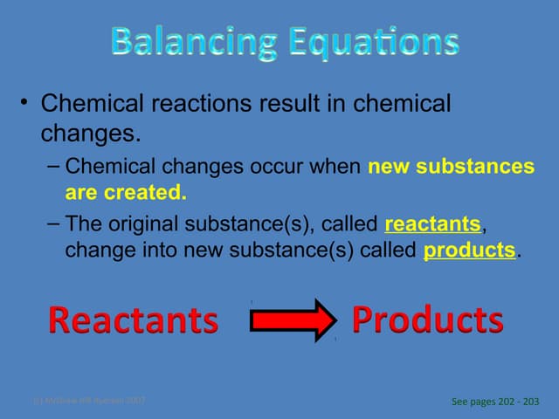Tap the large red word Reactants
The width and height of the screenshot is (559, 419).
coord(133,320)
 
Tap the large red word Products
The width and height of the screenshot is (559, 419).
coord(427,319)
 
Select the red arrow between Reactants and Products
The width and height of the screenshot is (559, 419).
coord(293,319)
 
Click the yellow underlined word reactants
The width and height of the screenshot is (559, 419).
coord(432,225)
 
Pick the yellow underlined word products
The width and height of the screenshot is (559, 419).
coord(469,250)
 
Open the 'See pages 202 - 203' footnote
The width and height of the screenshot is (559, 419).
coord(495,402)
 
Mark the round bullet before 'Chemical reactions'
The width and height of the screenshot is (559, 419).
coord(27,106)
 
